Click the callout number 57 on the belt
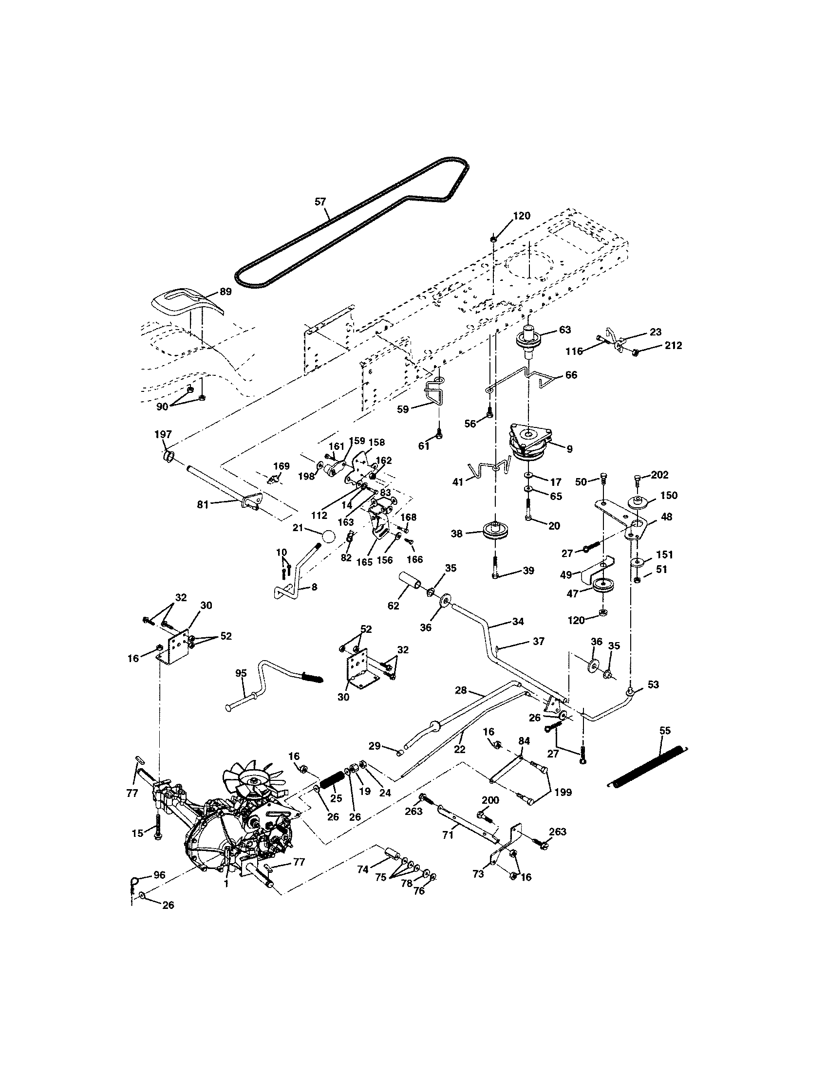pyautogui.click(x=320, y=201)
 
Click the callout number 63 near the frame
pyautogui.click(x=565, y=330)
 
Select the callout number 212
pyautogui.click(x=673, y=345)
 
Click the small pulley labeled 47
pyautogui.click(x=600, y=586)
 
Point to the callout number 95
pyautogui.click(x=241, y=673)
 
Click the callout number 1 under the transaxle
pyautogui.click(x=226, y=883)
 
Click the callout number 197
pyautogui.click(x=163, y=434)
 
